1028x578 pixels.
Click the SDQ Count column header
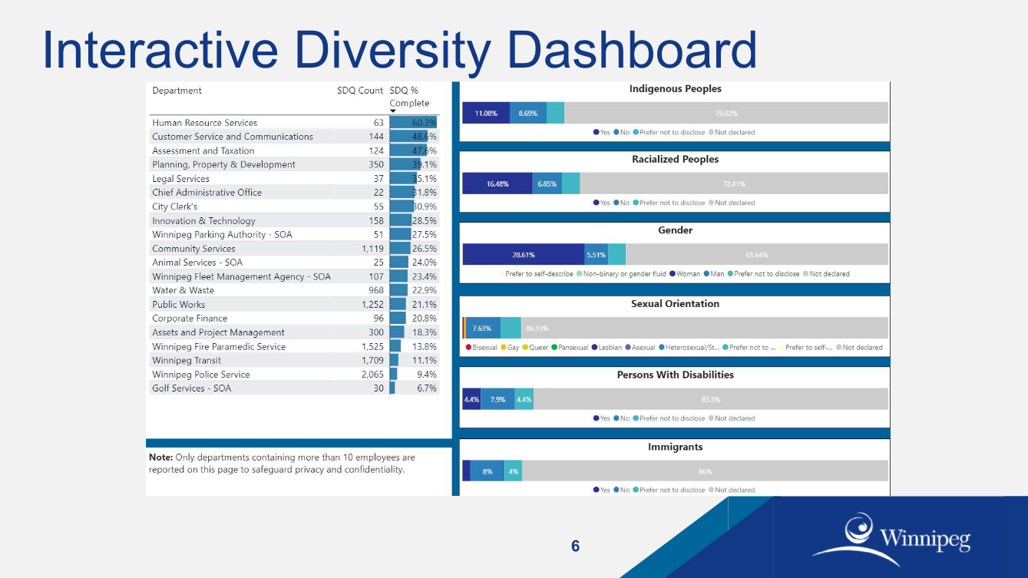point(359,91)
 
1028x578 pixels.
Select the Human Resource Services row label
point(204,123)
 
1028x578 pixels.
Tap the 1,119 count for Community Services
point(372,249)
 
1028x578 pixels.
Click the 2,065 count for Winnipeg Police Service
point(372,375)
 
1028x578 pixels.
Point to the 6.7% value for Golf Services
point(426,388)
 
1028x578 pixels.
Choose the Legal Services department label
point(180,179)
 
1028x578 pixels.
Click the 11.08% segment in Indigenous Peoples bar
point(485,114)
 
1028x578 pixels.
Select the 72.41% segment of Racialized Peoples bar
point(733,184)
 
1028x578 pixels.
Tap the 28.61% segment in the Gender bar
point(523,255)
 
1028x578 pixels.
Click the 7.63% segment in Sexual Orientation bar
point(482,329)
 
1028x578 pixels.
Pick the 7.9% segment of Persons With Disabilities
point(497,400)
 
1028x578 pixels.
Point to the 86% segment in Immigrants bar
point(704,471)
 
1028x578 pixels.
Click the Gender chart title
point(675,230)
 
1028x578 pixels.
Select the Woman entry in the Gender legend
point(685,274)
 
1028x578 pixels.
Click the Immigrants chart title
point(675,448)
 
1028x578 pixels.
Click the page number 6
point(575,547)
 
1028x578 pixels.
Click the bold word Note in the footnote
point(160,457)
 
